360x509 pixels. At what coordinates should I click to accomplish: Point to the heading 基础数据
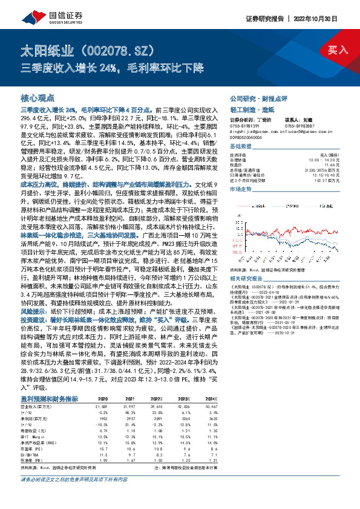pyautogui.click(x=240, y=146)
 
